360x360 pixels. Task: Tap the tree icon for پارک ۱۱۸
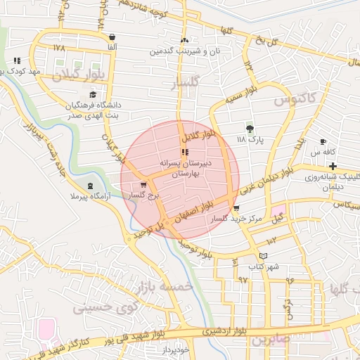pos(250,128)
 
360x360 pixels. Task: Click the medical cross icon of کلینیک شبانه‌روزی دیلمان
pos(333,166)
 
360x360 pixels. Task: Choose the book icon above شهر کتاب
pos(264,256)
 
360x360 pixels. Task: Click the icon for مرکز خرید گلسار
pos(236,208)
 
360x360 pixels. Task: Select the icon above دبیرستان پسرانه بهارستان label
pos(184,152)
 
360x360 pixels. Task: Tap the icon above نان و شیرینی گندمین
pos(184,40)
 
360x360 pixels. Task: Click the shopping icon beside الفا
pos(112,37)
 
